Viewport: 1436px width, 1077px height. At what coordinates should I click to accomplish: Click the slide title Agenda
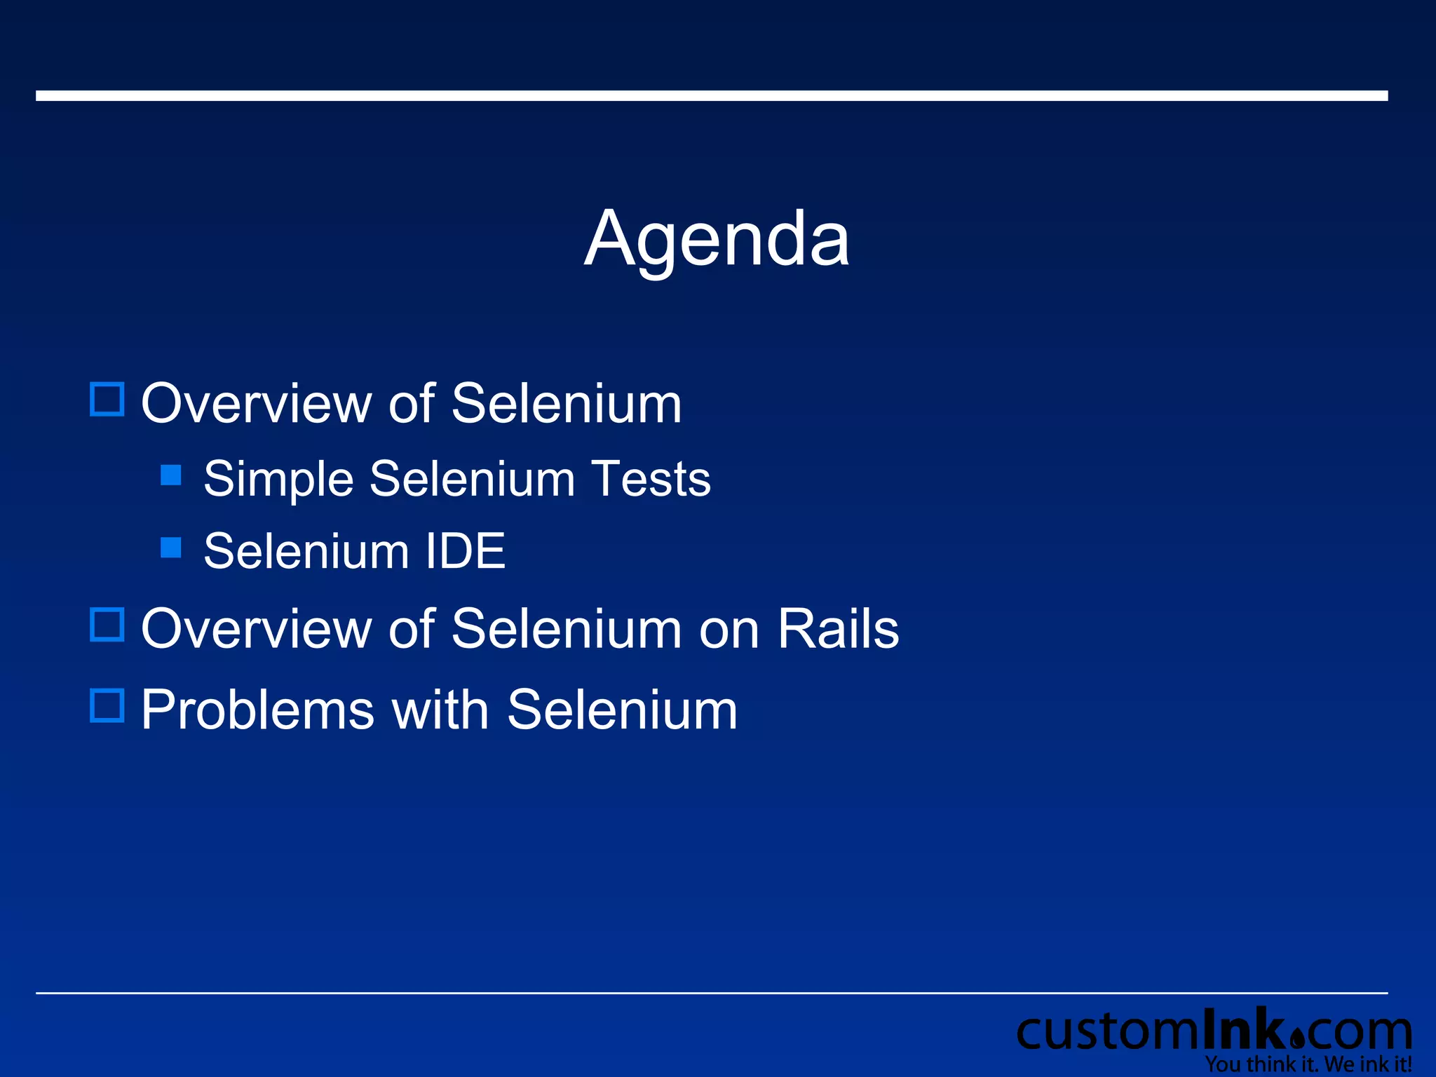[x=717, y=240]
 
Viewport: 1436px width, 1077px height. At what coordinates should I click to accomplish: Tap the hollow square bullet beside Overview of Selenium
[x=107, y=400]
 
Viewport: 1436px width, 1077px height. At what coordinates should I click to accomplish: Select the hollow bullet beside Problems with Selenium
[x=107, y=705]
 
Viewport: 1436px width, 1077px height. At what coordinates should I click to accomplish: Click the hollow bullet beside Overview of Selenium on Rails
[x=107, y=624]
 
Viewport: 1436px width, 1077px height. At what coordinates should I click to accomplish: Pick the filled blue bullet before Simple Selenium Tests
[x=171, y=475]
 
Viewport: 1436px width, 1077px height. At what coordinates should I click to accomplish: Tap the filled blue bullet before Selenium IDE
[x=171, y=547]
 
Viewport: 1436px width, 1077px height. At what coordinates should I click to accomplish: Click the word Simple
[x=278, y=480]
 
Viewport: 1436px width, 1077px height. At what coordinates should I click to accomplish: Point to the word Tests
[x=651, y=479]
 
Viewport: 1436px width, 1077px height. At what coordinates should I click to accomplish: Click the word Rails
[x=838, y=628]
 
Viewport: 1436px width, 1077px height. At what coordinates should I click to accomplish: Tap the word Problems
[x=257, y=710]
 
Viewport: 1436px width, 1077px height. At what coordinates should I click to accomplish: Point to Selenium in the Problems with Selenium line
[x=622, y=710]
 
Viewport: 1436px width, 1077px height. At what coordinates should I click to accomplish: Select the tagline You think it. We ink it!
[x=1308, y=1064]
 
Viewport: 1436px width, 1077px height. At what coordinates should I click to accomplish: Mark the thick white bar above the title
[x=712, y=95]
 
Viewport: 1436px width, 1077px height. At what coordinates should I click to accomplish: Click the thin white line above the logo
[x=712, y=993]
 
